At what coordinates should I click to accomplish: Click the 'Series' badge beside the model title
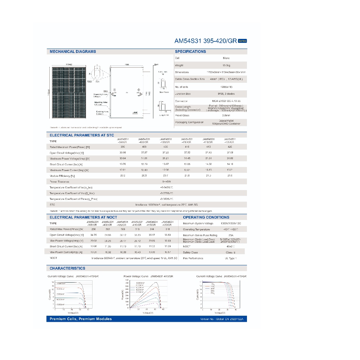[242, 41]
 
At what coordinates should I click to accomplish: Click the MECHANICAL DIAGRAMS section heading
[73, 51]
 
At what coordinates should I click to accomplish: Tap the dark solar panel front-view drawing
[68, 92]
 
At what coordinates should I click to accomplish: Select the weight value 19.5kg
[226, 66]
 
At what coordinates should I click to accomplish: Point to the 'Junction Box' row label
[183, 94]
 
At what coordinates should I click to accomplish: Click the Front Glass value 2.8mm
[226, 115]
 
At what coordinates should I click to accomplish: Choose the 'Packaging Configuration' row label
[189, 122]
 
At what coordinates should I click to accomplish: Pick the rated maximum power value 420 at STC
[230, 147]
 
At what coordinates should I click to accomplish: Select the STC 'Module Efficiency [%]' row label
[62, 176]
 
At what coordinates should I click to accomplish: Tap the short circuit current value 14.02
[209, 164]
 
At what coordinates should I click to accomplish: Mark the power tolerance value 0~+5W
[167, 182]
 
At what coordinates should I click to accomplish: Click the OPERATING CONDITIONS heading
[206, 217]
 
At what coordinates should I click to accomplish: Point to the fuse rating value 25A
[231, 235]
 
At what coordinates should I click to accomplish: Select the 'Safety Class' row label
[190, 252]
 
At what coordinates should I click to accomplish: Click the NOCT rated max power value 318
[168, 229]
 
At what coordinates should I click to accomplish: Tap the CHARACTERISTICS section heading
[67, 268]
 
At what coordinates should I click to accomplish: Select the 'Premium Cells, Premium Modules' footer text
[81, 319]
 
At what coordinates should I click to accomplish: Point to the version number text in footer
[224, 319]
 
